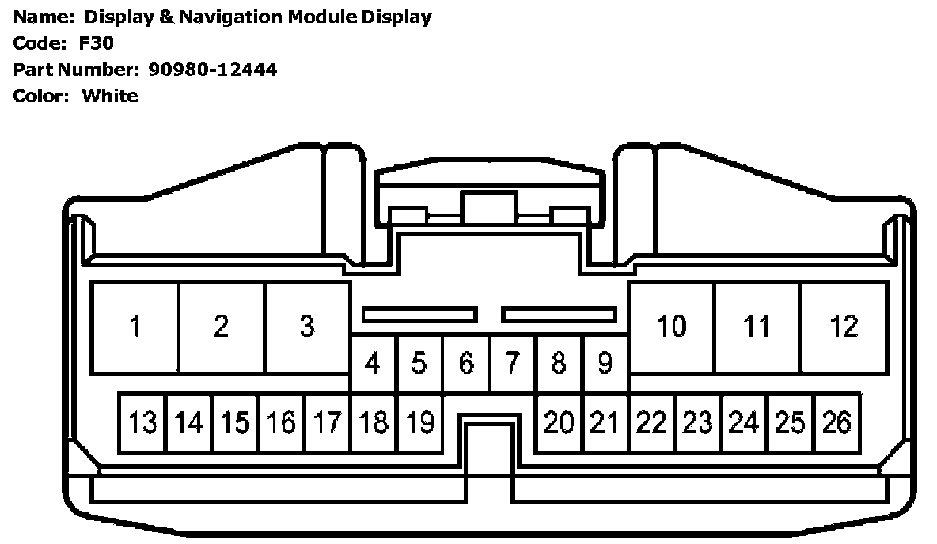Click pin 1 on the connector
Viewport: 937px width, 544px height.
click(135, 327)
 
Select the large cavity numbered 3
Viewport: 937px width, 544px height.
click(307, 327)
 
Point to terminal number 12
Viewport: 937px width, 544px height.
click(844, 327)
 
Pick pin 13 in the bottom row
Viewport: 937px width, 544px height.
click(142, 423)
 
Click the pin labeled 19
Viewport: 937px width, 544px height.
click(419, 423)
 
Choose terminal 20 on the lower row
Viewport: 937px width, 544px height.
click(559, 423)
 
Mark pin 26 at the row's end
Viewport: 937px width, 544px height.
click(836, 423)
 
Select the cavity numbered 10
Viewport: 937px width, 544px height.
click(672, 327)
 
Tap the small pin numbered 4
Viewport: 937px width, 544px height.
click(373, 364)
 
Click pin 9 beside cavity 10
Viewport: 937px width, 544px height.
click(605, 364)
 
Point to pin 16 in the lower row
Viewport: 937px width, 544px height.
click(281, 423)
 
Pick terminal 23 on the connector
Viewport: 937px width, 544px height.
click(697, 423)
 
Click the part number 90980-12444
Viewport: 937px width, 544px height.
click(212, 70)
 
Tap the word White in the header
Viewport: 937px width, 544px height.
click(110, 96)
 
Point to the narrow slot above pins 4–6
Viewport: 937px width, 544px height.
click(419, 315)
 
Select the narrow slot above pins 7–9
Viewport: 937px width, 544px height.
click(559, 315)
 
